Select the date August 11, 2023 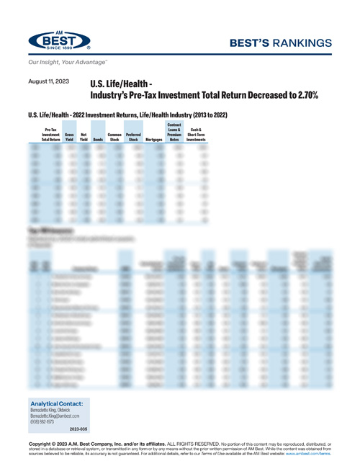pos(48,81)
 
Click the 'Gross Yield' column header pos(70,137)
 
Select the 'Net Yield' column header pos(84,137)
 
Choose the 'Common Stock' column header pos(114,137)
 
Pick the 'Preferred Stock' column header pos(133,137)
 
